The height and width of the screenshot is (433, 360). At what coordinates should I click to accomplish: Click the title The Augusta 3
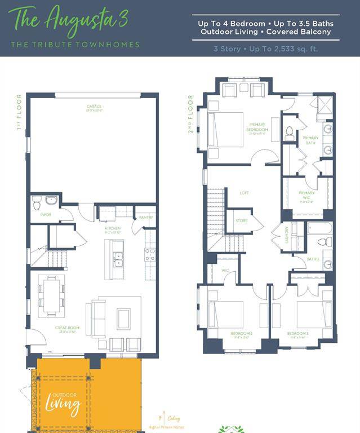(69, 20)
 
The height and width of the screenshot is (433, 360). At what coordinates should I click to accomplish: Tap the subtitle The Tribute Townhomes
(75, 45)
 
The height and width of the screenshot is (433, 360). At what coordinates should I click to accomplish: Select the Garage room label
(94, 107)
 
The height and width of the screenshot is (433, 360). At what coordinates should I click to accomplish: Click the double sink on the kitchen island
(118, 259)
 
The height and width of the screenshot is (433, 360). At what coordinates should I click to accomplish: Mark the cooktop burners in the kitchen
(150, 254)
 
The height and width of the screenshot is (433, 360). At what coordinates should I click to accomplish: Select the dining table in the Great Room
(51, 294)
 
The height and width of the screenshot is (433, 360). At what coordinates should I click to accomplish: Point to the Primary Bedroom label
(257, 127)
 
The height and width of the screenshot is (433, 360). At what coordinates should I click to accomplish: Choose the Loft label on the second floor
(244, 193)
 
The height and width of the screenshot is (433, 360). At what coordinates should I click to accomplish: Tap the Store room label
(241, 220)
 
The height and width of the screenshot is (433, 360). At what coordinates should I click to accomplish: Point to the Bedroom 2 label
(241, 333)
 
